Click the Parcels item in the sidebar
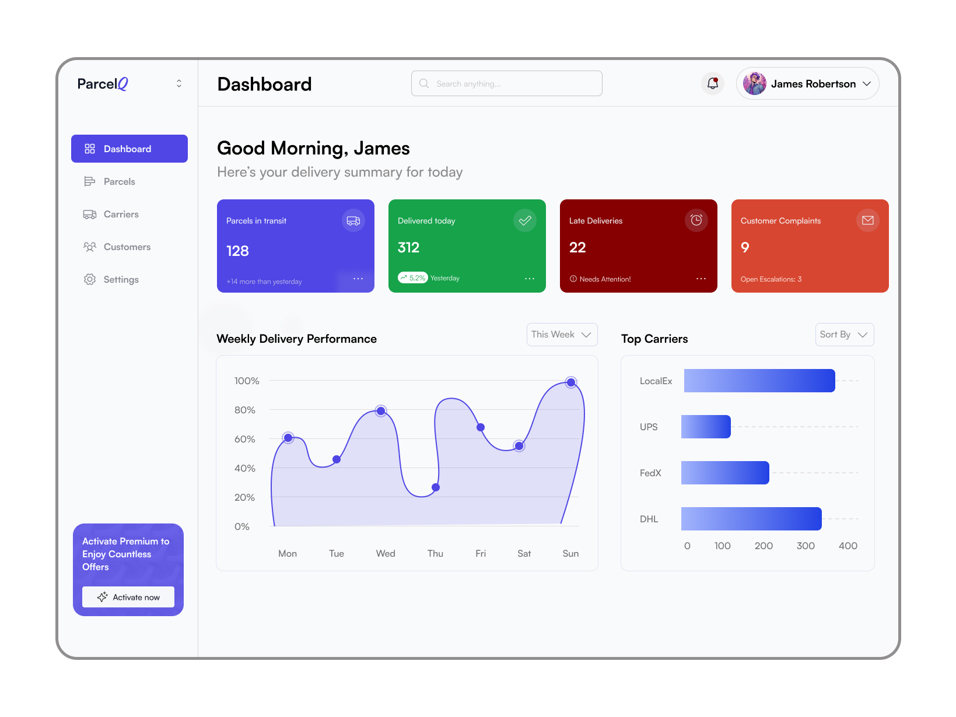(x=119, y=182)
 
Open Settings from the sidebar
(x=121, y=280)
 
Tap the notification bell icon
(x=713, y=84)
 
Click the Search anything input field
(x=506, y=84)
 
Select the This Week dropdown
(x=562, y=335)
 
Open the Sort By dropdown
(x=844, y=335)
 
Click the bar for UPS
(x=706, y=427)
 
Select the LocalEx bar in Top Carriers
(x=759, y=381)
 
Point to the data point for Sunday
(x=571, y=382)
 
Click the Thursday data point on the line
(x=436, y=487)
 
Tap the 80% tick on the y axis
(x=245, y=410)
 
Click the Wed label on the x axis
(x=386, y=554)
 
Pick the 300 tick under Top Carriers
(x=806, y=546)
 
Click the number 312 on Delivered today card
(x=408, y=248)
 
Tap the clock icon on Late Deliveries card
(x=696, y=220)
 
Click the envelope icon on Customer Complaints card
(x=867, y=220)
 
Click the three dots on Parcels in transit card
(x=358, y=279)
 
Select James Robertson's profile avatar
(x=755, y=84)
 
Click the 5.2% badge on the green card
(x=413, y=278)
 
